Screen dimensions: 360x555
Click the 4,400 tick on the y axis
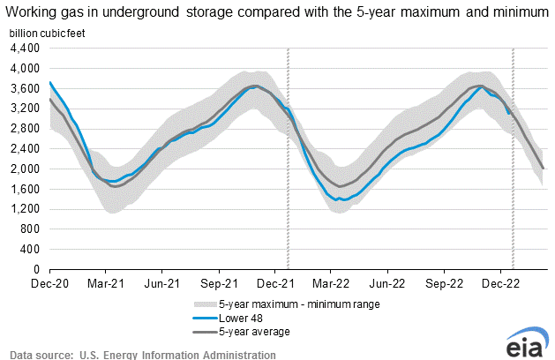pos(25,49)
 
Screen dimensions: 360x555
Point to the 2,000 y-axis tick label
pos(25,169)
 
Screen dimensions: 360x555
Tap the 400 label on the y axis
pos(31,249)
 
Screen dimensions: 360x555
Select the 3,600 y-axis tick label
pos(25,88)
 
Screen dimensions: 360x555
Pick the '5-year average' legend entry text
pos(256,332)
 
